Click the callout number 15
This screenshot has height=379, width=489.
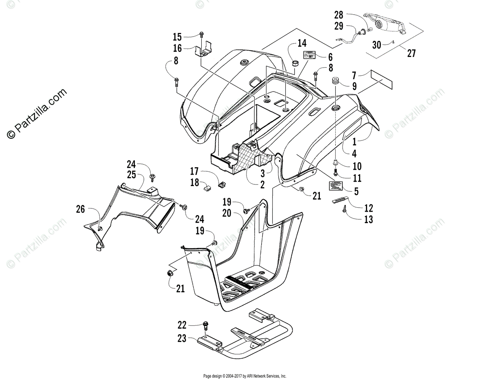point(177,37)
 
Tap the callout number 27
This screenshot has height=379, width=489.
point(411,53)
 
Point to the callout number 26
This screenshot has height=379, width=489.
point(80,209)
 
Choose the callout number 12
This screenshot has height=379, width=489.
point(368,208)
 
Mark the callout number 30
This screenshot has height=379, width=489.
point(377,44)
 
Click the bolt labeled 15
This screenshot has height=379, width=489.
point(202,36)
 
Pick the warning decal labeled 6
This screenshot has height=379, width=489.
point(309,55)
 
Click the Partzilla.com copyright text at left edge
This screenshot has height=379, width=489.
point(37,114)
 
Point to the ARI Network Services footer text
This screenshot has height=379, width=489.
point(244,376)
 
